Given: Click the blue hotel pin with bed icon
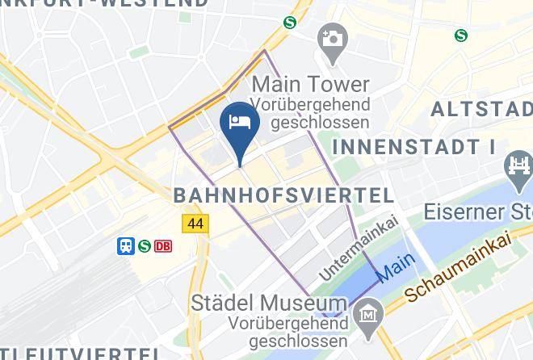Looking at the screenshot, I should [x=240, y=123].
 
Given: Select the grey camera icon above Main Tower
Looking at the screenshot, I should [x=330, y=37].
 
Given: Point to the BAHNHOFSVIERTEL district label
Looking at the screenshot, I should [x=284, y=195].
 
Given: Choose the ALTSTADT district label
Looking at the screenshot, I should [x=481, y=109].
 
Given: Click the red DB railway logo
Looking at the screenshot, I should [x=163, y=246].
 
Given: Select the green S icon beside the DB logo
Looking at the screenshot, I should [x=145, y=246].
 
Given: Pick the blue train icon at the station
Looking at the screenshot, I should [x=126, y=246].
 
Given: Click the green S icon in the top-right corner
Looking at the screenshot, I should [x=460, y=35].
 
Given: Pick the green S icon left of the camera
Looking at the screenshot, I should [x=288, y=23].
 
